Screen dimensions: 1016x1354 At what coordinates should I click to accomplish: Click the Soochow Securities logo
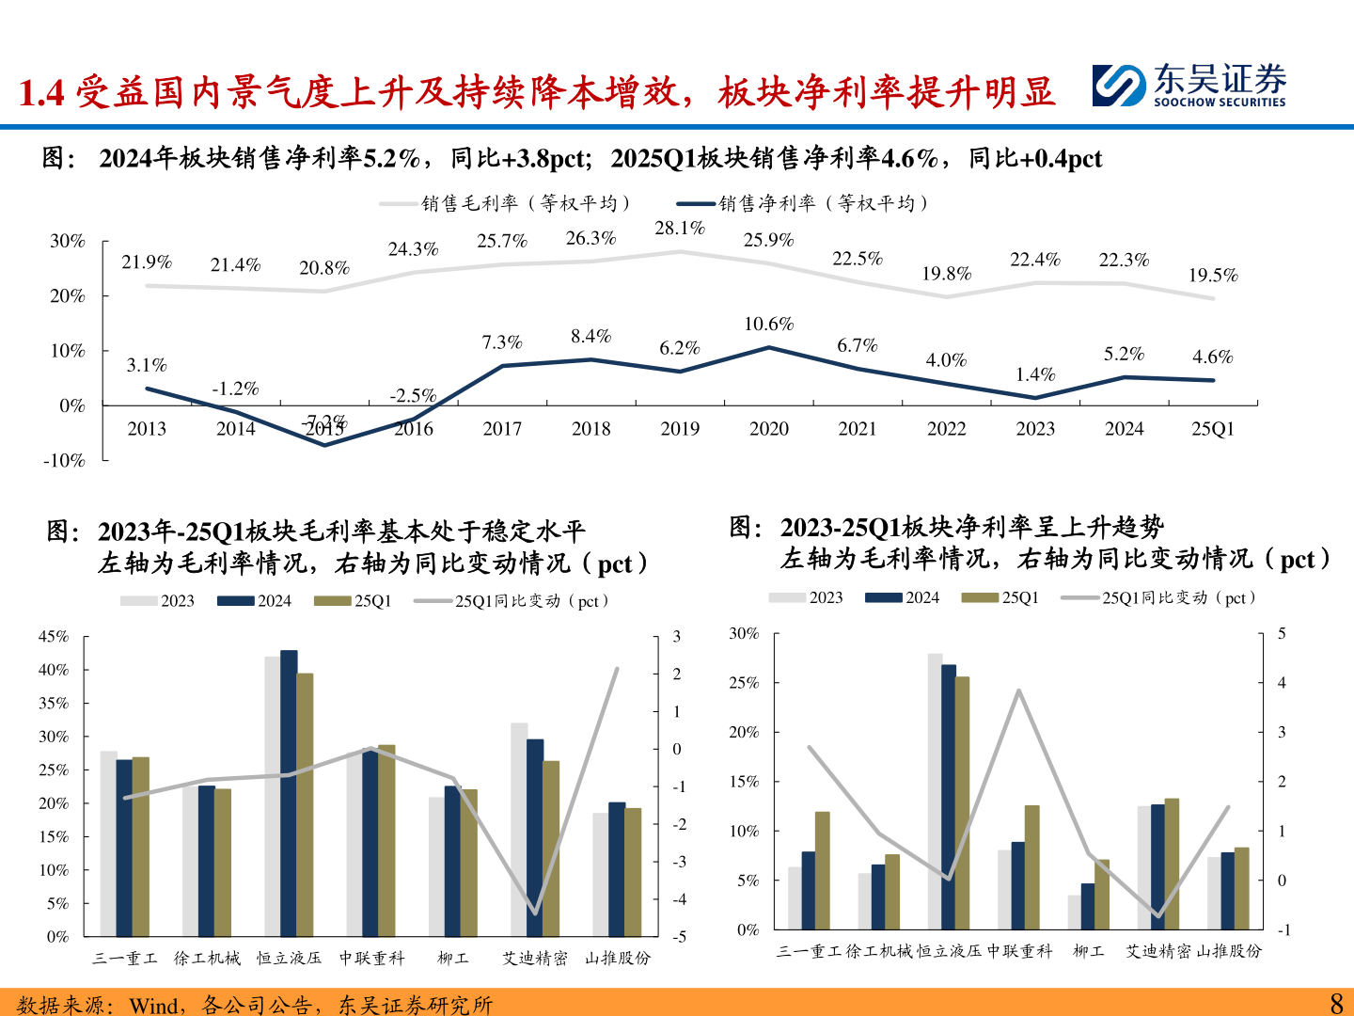[x=1189, y=86]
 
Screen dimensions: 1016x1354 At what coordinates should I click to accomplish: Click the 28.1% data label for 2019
[x=679, y=228]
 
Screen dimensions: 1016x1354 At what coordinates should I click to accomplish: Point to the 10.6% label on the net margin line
[x=768, y=325]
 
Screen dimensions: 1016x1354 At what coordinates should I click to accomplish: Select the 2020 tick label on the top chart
[x=768, y=429]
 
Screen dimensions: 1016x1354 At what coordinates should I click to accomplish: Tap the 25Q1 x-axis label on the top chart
[x=1212, y=429]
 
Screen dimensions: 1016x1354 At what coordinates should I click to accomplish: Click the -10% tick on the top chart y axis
[x=64, y=461]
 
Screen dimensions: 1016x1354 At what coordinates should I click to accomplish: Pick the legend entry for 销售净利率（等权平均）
[x=804, y=203]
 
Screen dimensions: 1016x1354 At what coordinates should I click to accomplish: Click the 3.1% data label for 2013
[x=147, y=365]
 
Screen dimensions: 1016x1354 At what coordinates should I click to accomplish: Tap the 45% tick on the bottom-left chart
[x=54, y=637]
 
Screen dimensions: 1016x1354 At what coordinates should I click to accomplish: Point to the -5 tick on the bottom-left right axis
[x=678, y=937]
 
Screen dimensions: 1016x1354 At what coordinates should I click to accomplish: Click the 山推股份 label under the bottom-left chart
[x=617, y=958]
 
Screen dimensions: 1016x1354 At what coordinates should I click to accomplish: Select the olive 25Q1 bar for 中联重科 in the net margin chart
[x=1031, y=867]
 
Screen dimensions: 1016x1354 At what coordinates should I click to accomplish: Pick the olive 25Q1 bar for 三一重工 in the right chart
[x=823, y=870]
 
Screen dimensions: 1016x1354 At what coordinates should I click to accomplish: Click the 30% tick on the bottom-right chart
[x=744, y=634]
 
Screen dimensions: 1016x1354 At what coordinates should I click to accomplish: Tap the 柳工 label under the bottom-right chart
[x=1088, y=951]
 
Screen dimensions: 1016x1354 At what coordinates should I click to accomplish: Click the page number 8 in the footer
[x=1336, y=1003]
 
